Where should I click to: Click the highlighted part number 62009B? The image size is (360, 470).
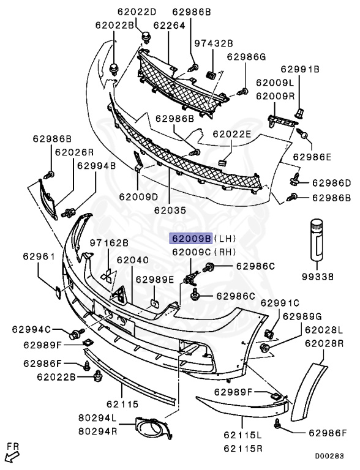pyautogui.click(x=191, y=239)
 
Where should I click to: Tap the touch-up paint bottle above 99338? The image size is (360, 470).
pyautogui.click(x=317, y=239)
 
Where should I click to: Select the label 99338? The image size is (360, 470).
pyautogui.click(x=318, y=277)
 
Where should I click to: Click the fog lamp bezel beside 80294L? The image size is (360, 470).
pyautogui.click(x=153, y=428)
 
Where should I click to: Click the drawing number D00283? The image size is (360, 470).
pyautogui.click(x=329, y=456)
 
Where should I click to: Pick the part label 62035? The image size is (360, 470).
pyautogui.click(x=170, y=210)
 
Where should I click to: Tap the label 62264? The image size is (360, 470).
pyautogui.click(x=169, y=25)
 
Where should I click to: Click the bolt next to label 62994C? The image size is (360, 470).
pyautogui.click(x=76, y=334)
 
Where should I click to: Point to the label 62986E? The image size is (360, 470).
pyautogui.click(x=312, y=157)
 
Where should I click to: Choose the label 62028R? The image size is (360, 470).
pyautogui.click(x=324, y=343)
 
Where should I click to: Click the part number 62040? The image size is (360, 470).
pyautogui.click(x=132, y=260)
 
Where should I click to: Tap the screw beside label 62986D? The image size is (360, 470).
pyautogui.click(x=294, y=179)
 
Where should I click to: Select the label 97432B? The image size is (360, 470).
pyautogui.click(x=214, y=43)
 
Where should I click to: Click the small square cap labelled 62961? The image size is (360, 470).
pyautogui.click(x=58, y=293)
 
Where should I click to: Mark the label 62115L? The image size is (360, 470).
pyautogui.click(x=242, y=435)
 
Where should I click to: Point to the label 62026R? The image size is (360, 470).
pyautogui.click(x=74, y=152)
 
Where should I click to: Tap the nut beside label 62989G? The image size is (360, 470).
pyautogui.click(x=264, y=348)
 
